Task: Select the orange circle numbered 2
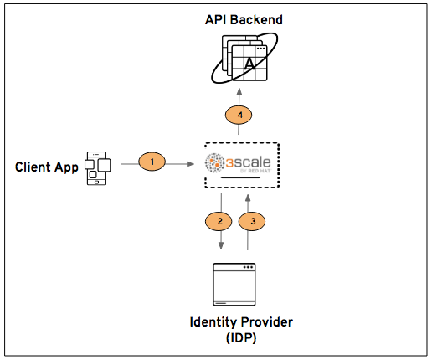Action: click(219, 221)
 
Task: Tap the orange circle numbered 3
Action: click(253, 221)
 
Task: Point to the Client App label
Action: click(47, 167)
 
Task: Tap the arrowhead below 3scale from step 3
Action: click(248, 197)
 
